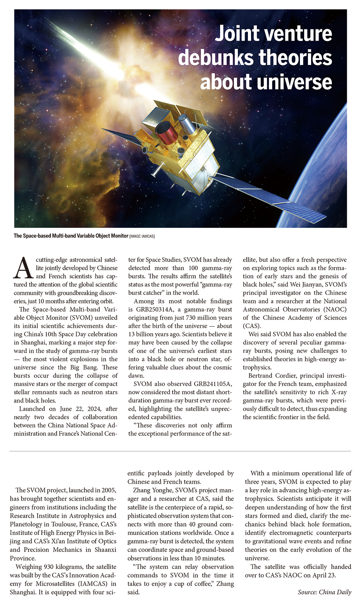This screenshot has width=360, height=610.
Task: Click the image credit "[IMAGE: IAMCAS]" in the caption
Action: [x=142, y=236]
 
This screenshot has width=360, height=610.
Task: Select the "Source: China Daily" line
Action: [x=324, y=592]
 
